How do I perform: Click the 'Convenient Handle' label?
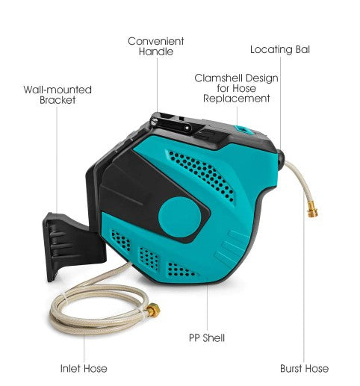click(156, 46)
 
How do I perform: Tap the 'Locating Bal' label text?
click(280, 49)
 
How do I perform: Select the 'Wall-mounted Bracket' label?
click(58, 95)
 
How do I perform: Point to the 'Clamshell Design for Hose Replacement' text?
click(237, 88)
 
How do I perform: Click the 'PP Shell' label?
click(207, 338)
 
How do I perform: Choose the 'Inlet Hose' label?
click(84, 369)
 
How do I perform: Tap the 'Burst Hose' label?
click(304, 369)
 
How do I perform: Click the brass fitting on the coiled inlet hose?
click(153, 310)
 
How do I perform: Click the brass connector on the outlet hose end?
click(312, 210)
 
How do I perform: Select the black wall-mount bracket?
click(72, 246)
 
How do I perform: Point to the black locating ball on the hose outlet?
click(281, 159)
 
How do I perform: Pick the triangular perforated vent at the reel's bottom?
click(181, 270)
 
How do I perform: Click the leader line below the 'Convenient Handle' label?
click(157, 84)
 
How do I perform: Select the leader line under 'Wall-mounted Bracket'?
click(57, 160)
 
